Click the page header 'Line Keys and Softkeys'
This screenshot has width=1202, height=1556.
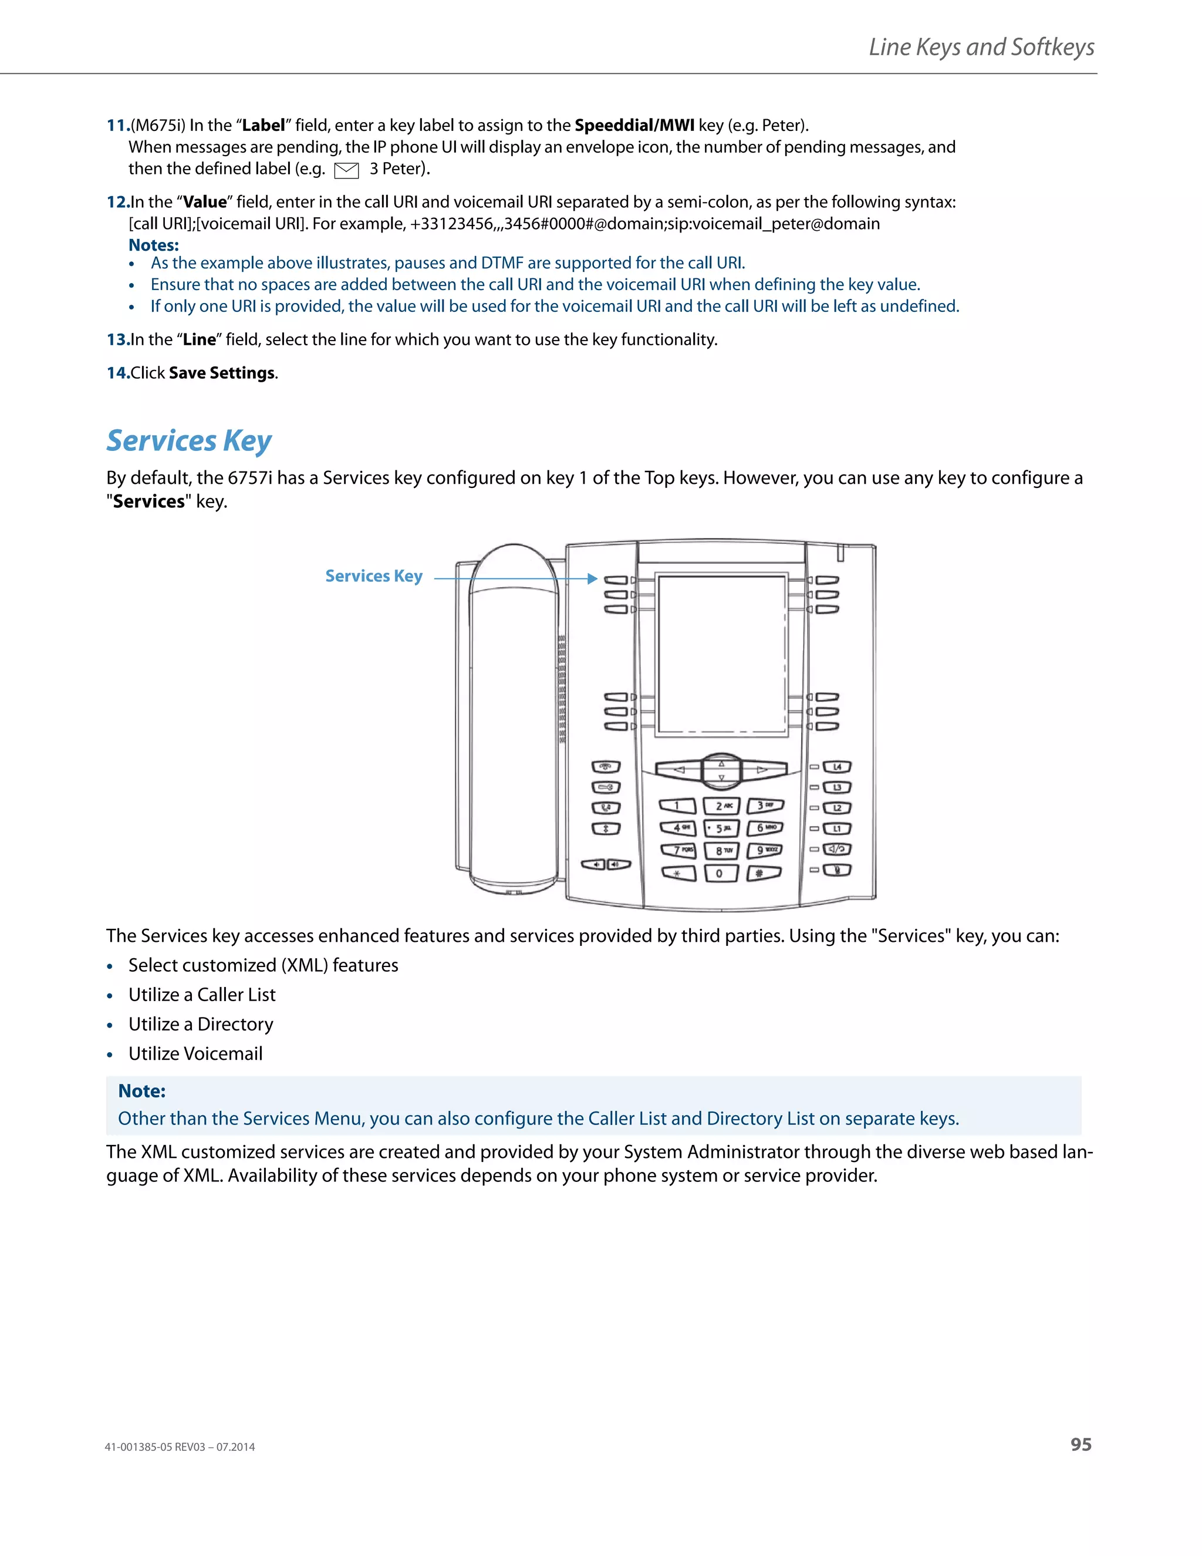pyautogui.click(x=981, y=47)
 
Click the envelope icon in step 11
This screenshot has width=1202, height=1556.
pyautogui.click(x=346, y=170)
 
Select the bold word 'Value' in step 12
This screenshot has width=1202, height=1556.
pyautogui.click(x=204, y=203)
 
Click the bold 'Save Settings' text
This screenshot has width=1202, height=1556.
pyautogui.click(x=221, y=373)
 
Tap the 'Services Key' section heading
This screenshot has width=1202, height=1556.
pyautogui.click(x=189, y=441)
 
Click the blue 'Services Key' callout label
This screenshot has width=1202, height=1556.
pyautogui.click(x=374, y=577)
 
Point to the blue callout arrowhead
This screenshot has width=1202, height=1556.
pyautogui.click(x=592, y=578)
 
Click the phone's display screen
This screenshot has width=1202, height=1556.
pyautogui.click(x=721, y=654)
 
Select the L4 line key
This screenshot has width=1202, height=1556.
pyautogui.click(x=838, y=767)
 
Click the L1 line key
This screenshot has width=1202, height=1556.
pyautogui.click(x=838, y=828)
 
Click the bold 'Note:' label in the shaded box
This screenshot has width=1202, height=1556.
pyautogui.click(x=141, y=1092)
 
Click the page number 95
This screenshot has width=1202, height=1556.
pyautogui.click(x=1081, y=1444)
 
